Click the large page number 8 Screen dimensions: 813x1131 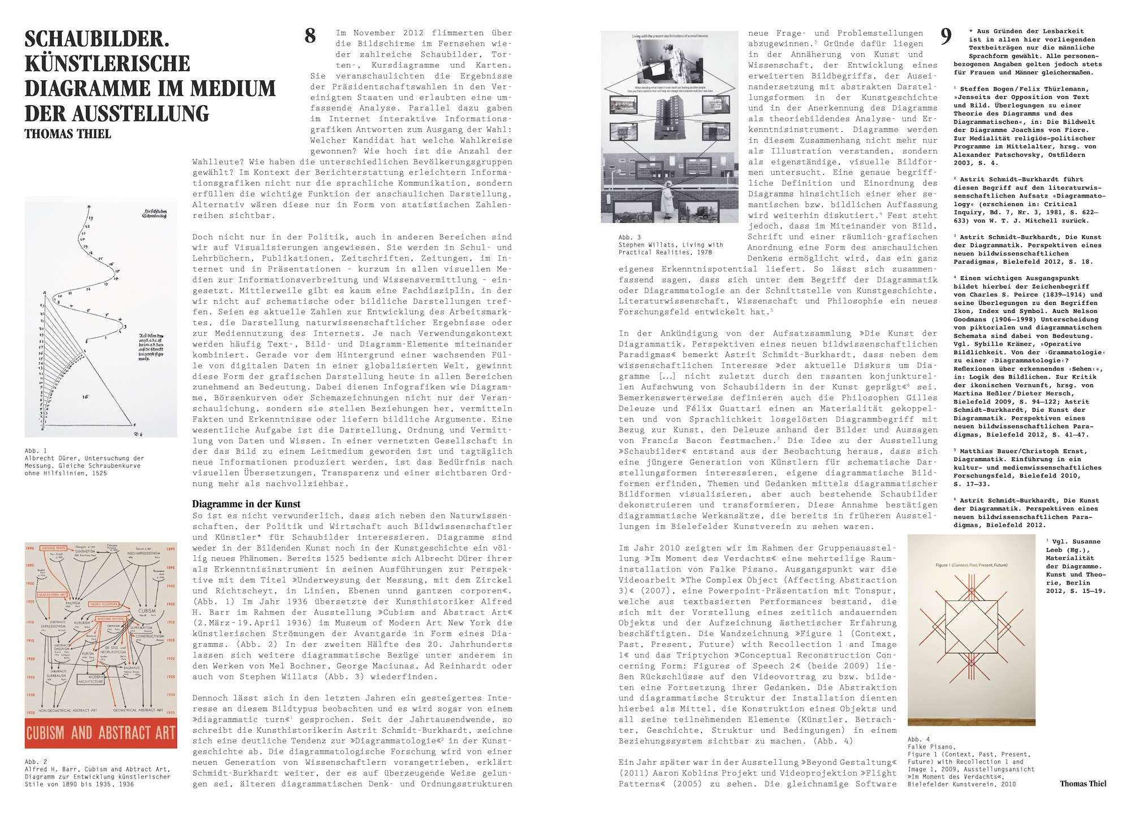tap(310, 36)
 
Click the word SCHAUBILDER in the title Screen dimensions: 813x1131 tap(97, 40)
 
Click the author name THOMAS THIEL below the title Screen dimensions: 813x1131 tap(68, 134)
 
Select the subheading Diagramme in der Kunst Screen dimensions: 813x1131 tap(246, 504)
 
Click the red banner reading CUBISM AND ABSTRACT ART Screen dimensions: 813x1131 tap(101, 733)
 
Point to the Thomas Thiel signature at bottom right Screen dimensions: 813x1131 tap(1083, 784)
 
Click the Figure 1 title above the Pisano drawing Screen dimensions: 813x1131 tap(971, 565)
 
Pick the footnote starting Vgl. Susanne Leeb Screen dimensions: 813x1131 tap(1073, 542)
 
